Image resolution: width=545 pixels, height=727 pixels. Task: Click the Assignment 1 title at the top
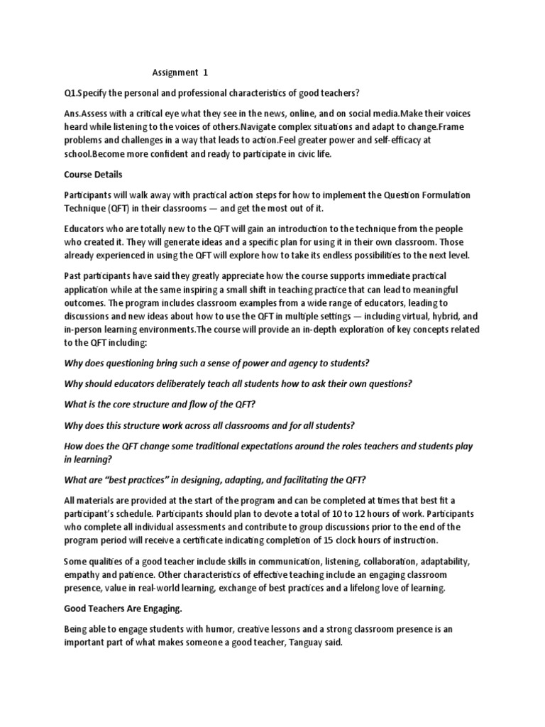click(181, 72)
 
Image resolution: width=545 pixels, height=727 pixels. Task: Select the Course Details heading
click(94, 174)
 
